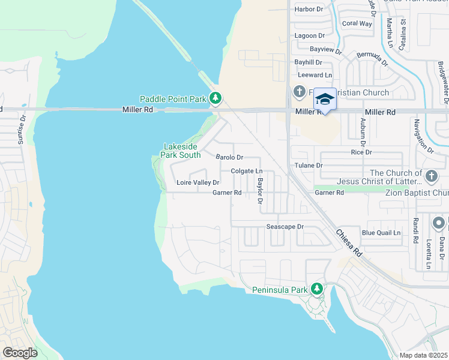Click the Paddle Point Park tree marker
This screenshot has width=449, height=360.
tap(216, 98)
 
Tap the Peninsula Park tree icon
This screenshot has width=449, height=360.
tap(317, 290)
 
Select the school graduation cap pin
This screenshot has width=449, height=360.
tap(325, 99)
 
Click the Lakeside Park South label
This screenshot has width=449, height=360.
tap(182, 151)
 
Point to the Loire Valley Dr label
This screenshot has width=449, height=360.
tap(197, 182)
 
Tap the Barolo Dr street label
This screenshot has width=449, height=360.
tap(229, 157)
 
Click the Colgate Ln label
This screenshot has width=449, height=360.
tap(247, 172)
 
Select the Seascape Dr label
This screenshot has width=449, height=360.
tap(285, 227)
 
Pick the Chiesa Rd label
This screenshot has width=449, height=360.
tap(349, 244)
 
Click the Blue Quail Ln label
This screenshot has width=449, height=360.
tap(381, 233)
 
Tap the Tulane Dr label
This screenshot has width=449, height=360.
tap(309, 165)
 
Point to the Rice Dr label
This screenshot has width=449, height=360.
tap(361, 152)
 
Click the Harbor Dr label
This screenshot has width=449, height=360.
tap(309, 9)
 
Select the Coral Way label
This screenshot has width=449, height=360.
tap(357, 24)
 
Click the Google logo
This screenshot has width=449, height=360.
tap(20, 353)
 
